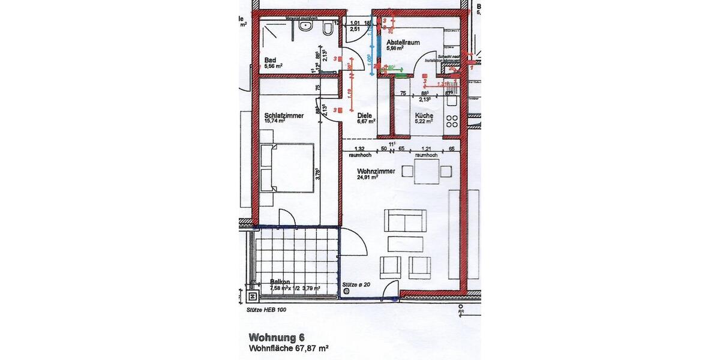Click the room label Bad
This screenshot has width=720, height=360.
[x=270, y=59]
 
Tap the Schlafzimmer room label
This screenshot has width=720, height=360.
[x=283, y=115]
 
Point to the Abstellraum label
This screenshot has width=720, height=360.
[x=402, y=43]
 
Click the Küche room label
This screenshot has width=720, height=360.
[x=424, y=115]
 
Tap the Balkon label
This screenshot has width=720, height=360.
[x=280, y=281]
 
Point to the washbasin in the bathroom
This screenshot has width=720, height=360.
[x=307, y=25]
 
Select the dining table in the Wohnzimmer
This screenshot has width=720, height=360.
[x=427, y=171]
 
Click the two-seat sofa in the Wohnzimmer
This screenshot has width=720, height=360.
[x=406, y=221]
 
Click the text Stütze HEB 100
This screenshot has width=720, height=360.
[x=266, y=311]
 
